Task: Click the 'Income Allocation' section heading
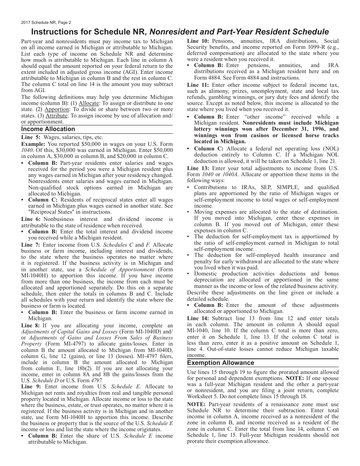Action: [48, 129]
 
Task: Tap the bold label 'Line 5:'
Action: [31, 138]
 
